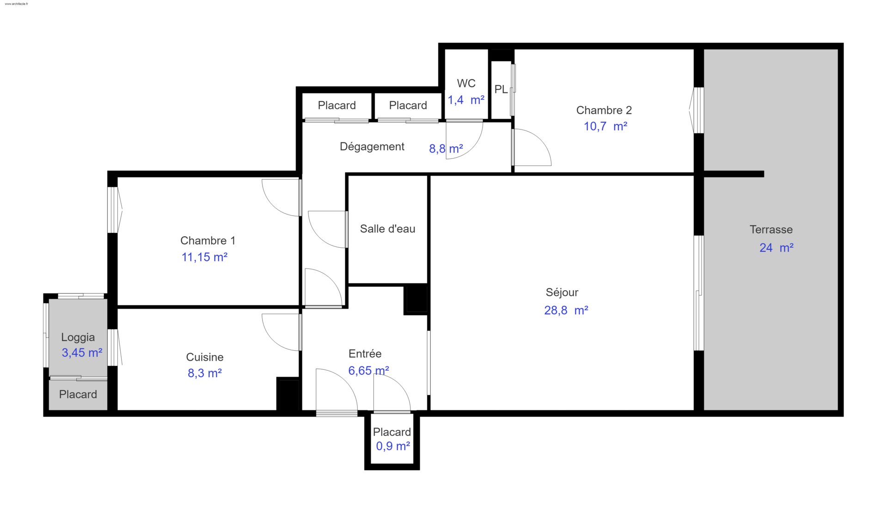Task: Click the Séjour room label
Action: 562,293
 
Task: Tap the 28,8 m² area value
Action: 566,310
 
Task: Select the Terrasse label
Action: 771,230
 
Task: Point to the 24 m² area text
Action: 777,248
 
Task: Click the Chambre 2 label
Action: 604,110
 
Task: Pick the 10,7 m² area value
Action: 606,126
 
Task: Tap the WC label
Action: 466,84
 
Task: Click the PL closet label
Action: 501,90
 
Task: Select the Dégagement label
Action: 372,147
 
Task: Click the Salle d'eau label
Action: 387,229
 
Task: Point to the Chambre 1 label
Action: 208,241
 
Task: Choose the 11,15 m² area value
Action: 204,257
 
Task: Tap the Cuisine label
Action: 205,357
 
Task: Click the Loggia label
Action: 78,338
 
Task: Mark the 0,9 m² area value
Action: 393,446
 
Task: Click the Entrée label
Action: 365,354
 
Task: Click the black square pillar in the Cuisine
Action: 289,394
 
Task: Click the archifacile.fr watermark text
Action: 16,4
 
